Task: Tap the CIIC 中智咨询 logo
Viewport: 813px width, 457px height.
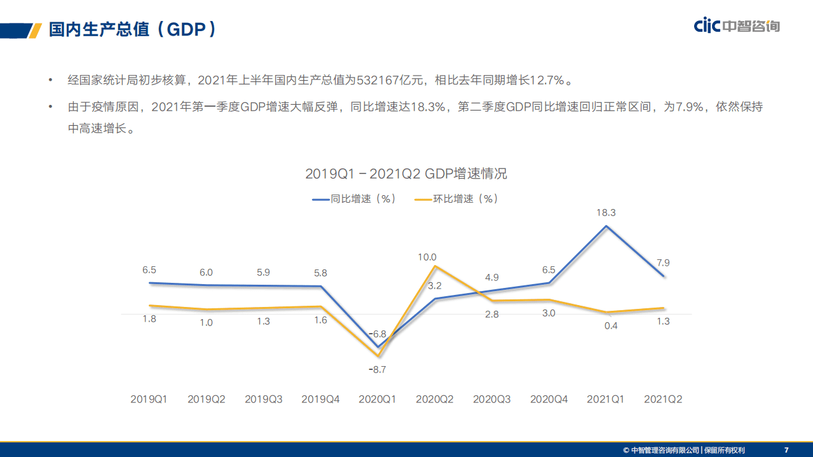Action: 736,25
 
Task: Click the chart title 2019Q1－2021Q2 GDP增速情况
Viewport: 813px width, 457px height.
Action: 406,174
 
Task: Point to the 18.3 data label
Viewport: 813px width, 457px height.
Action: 606,214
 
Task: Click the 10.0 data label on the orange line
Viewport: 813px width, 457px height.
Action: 427,257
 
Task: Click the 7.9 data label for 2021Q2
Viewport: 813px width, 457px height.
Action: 662,263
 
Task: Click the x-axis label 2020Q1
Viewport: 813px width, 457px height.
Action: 377,399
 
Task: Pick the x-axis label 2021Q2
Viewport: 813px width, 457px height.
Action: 662,399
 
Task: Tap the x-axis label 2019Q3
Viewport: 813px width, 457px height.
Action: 263,399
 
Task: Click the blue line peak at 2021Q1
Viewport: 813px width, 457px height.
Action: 606,226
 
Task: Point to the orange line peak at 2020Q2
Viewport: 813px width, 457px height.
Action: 435,266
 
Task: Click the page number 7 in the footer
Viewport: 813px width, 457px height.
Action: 786,450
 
